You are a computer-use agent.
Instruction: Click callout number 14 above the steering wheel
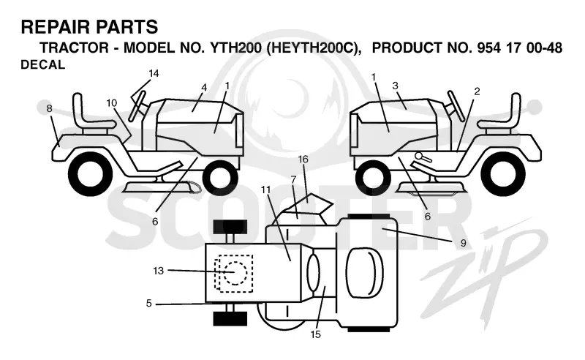click(x=154, y=74)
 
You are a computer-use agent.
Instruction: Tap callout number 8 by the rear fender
click(x=49, y=109)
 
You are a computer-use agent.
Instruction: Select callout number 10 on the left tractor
click(x=112, y=102)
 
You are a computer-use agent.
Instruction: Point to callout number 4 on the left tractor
click(x=204, y=88)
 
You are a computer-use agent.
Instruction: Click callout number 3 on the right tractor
click(x=396, y=86)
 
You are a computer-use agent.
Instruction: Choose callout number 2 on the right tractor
click(x=477, y=91)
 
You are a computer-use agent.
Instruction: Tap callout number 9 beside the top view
click(x=464, y=243)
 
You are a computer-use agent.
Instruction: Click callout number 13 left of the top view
click(x=158, y=271)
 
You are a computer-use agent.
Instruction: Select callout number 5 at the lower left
click(x=149, y=303)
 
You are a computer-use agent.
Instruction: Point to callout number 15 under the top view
click(x=316, y=334)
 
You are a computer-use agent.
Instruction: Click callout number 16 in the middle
click(x=303, y=160)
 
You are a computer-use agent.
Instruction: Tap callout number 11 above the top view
click(x=265, y=190)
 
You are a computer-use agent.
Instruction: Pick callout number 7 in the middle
click(x=293, y=180)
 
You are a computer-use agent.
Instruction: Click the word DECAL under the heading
click(x=43, y=65)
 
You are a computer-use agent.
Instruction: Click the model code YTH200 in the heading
click(x=235, y=48)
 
